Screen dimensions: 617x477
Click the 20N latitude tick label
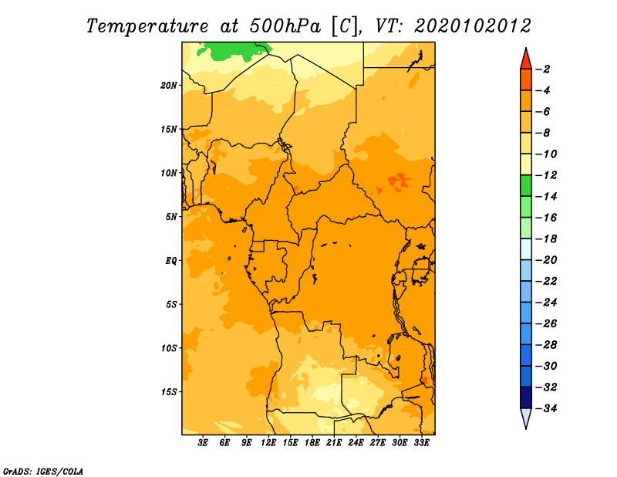(x=169, y=86)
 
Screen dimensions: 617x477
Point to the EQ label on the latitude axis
(x=170, y=261)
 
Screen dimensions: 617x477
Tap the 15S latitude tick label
(x=169, y=392)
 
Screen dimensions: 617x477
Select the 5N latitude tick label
(x=171, y=217)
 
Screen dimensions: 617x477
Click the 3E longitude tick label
(x=203, y=443)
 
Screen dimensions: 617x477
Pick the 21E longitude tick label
(x=334, y=443)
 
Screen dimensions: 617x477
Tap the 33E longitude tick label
(x=421, y=443)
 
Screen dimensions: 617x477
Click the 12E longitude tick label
(x=268, y=443)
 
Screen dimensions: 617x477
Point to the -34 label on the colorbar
(x=546, y=408)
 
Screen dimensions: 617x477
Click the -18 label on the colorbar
(x=546, y=238)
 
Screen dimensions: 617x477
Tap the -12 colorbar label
(x=546, y=175)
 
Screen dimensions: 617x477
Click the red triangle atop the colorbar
(x=526, y=60)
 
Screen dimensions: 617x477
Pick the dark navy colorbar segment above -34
(x=526, y=397)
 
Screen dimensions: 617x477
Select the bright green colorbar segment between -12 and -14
(x=526, y=186)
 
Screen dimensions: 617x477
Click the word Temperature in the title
(x=147, y=27)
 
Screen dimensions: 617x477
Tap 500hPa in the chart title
(x=285, y=26)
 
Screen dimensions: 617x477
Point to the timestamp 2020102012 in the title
(x=473, y=26)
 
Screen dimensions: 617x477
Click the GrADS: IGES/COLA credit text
(x=43, y=472)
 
